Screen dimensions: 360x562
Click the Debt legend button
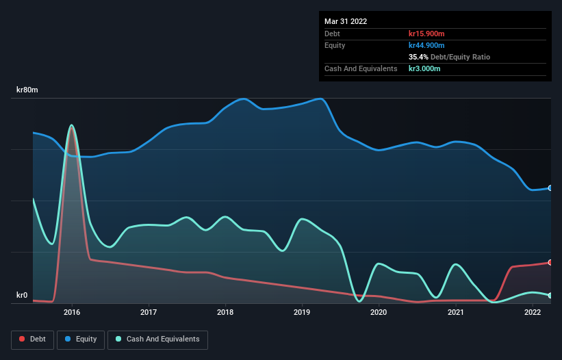pyautogui.click(x=32, y=339)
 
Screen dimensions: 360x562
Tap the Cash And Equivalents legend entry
pyautogui.click(x=157, y=339)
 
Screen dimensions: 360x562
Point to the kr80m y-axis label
pyautogui.click(x=27, y=90)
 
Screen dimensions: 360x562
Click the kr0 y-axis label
pyautogui.click(x=22, y=296)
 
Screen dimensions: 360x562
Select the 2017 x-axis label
pyautogui.click(x=149, y=312)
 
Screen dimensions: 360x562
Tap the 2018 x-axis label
pyautogui.click(x=225, y=312)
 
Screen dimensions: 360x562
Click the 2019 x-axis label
pyautogui.click(x=302, y=312)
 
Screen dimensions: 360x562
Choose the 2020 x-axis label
pyautogui.click(x=379, y=312)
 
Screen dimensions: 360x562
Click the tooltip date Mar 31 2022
pyautogui.click(x=346, y=21)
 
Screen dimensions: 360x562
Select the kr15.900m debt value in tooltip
pyautogui.click(x=427, y=34)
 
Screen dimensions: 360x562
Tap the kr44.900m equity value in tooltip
pyautogui.click(x=427, y=45)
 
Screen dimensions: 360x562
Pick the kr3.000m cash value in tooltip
pyautogui.click(x=424, y=68)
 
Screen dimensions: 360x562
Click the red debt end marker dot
pyautogui.click(x=550, y=262)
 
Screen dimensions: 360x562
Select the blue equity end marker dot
pyautogui.click(x=550, y=188)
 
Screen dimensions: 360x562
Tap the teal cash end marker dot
pyautogui.click(x=550, y=296)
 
